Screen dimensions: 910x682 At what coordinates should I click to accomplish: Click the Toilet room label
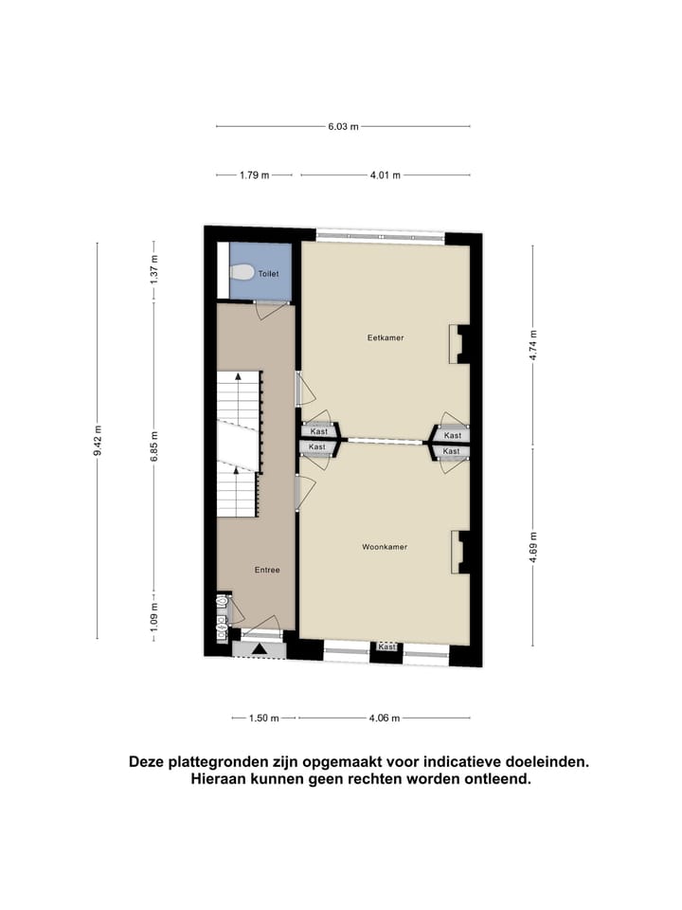[x=269, y=273]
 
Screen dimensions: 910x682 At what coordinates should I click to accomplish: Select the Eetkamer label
[x=386, y=337]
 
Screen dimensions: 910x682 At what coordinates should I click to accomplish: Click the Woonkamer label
[x=385, y=547]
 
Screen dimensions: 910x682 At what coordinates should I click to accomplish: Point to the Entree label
[x=266, y=570]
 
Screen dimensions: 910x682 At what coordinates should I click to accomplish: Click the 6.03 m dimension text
[x=343, y=126]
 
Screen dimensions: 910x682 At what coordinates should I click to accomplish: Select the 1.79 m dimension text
[x=254, y=174]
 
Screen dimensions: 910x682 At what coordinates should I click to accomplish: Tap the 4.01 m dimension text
[x=385, y=174]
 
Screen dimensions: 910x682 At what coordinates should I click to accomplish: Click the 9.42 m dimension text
[x=98, y=441]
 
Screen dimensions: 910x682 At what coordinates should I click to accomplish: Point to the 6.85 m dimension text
[x=154, y=442]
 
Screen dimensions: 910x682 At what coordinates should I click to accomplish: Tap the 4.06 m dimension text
[x=385, y=718]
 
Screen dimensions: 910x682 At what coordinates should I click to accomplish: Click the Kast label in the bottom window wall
[x=386, y=646]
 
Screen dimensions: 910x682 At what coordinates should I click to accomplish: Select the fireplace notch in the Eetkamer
[x=458, y=344]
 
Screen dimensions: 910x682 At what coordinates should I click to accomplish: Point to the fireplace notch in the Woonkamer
[x=458, y=552]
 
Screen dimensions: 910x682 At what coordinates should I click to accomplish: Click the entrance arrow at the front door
[x=260, y=649]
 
